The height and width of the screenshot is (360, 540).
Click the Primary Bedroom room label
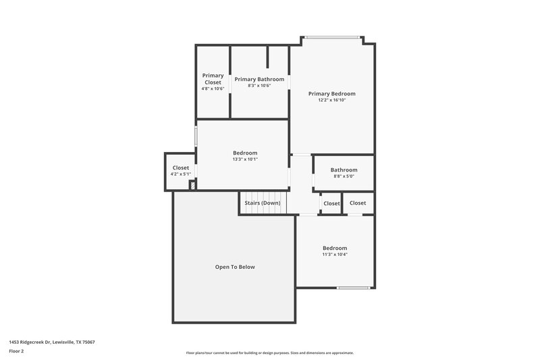coord(331,94)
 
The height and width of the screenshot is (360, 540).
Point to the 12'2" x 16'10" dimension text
coord(331,100)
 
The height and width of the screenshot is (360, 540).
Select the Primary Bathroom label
coord(259,79)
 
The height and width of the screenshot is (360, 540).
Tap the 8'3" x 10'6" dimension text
coord(259,86)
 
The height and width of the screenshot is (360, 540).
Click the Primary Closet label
coord(213,79)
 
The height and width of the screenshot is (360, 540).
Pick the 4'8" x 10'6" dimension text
coord(213,88)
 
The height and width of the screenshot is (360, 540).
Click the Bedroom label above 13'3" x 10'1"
coord(245,153)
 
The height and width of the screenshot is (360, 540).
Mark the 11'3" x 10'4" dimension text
coord(334,255)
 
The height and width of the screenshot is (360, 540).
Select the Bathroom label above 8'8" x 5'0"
coord(344,170)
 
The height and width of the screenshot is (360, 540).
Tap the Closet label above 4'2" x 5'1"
coord(181,168)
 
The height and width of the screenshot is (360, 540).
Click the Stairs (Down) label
coord(263,203)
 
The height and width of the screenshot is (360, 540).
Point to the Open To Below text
coord(235,267)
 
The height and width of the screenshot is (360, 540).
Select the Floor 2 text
coord(16,351)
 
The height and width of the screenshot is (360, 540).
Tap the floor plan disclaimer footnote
coord(269,353)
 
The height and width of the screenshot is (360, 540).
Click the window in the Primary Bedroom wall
coord(333,37)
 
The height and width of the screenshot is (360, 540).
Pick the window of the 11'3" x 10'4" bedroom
coord(353,288)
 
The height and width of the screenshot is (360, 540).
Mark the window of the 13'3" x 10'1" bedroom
coord(196,134)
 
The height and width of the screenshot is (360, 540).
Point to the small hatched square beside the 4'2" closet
coord(192,185)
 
